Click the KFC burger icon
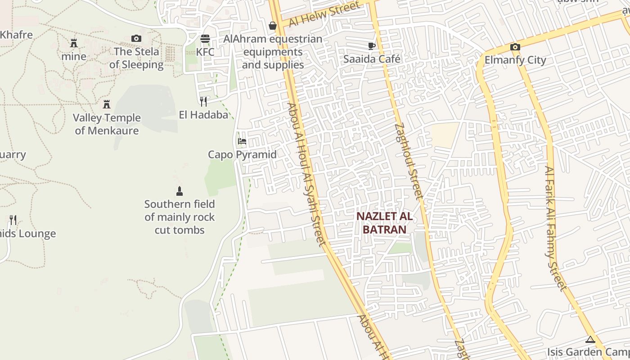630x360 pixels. [205, 39]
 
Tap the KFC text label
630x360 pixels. [205, 52]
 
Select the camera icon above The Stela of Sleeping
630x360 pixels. [136, 39]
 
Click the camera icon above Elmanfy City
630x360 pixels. [515, 47]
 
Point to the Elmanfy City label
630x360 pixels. [515, 60]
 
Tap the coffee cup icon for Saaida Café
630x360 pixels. [372, 46]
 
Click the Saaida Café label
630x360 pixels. [372, 59]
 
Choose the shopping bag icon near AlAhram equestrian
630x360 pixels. [273, 26]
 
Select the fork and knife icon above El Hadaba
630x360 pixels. [203, 102]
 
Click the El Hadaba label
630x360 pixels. [203, 115]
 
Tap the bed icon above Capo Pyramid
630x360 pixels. [242, 141]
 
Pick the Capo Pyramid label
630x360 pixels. [242, 154]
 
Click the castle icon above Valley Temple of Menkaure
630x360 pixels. [107, 104]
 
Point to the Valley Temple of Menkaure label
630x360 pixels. [107, 124]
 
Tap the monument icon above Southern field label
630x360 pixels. [180, 191]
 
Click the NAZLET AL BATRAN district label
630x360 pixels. [384, 223]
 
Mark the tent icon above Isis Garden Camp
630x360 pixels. [590, 339]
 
